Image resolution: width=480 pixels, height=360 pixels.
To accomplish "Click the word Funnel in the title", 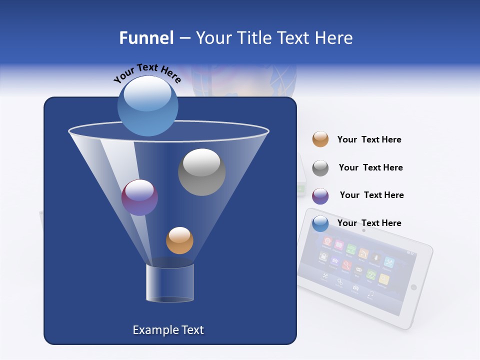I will [146, 38].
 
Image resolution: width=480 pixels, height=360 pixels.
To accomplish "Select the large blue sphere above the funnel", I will [147, 106].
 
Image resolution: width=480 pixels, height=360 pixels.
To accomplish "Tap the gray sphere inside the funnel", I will [201, 172].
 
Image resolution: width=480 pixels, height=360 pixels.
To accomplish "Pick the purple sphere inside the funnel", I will [139, 197].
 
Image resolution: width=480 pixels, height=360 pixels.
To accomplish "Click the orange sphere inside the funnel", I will [179, 240].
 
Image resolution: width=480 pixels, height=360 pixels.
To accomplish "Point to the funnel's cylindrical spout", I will [170, 283].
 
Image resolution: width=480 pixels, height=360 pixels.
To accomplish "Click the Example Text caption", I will [168, 330].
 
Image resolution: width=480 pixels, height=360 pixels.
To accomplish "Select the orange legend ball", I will [320, 139].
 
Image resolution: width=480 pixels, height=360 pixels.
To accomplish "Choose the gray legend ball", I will [320, 168].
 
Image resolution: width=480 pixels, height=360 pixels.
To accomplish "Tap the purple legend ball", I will [320, 196].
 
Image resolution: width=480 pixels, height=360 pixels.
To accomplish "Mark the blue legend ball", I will [320, 224].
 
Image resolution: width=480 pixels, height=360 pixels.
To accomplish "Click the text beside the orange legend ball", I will [369, 139].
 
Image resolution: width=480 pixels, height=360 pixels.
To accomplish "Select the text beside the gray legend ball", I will [370, 167].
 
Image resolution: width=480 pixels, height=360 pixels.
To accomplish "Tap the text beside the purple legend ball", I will [371, 195].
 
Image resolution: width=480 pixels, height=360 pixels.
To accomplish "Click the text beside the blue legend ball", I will [369, 223].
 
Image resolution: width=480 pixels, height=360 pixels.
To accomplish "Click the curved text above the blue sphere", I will [147, 73].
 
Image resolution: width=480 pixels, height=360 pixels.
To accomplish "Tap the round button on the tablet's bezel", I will [413, 287].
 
